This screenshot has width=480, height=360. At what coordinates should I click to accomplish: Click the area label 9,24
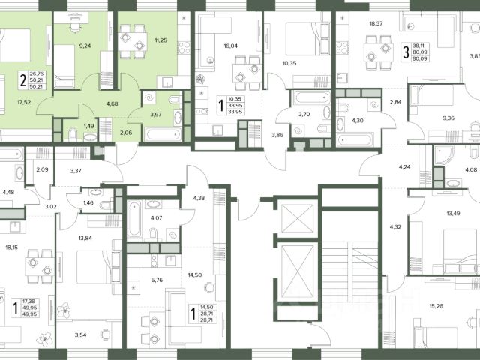pos(85,46)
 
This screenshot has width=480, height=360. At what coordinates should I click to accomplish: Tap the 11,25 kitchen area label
pos(161,40)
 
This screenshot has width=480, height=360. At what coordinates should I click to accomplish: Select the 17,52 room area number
pos(24,102)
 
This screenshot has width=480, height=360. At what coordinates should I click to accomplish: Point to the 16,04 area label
pos(230,46)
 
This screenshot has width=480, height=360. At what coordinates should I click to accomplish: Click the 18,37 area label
pos(376,23)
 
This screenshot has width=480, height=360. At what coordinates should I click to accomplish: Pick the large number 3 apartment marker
pos(406,52)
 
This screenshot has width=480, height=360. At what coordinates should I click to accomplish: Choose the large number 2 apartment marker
pos(23,80)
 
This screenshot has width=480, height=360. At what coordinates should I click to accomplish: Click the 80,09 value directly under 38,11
pos(420,52)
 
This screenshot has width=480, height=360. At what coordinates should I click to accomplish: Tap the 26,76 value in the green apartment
pos(37,73)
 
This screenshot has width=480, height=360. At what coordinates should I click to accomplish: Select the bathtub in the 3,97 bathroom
pos(163,135)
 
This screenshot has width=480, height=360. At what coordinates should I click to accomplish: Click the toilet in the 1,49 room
pos(73,135)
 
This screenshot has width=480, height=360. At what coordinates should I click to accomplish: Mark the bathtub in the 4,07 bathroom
pos(134,219)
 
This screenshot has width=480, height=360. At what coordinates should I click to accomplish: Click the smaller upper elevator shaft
pos(298,218)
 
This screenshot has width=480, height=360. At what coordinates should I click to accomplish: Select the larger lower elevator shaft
pos(298,271)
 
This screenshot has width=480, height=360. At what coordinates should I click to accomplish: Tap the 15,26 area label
pos(436,306)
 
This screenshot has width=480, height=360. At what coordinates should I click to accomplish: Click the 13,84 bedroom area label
pos(85,238)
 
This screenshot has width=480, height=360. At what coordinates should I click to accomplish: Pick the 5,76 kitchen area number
pos(157,280)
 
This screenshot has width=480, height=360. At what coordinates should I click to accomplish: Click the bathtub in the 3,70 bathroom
pos(312,97)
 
